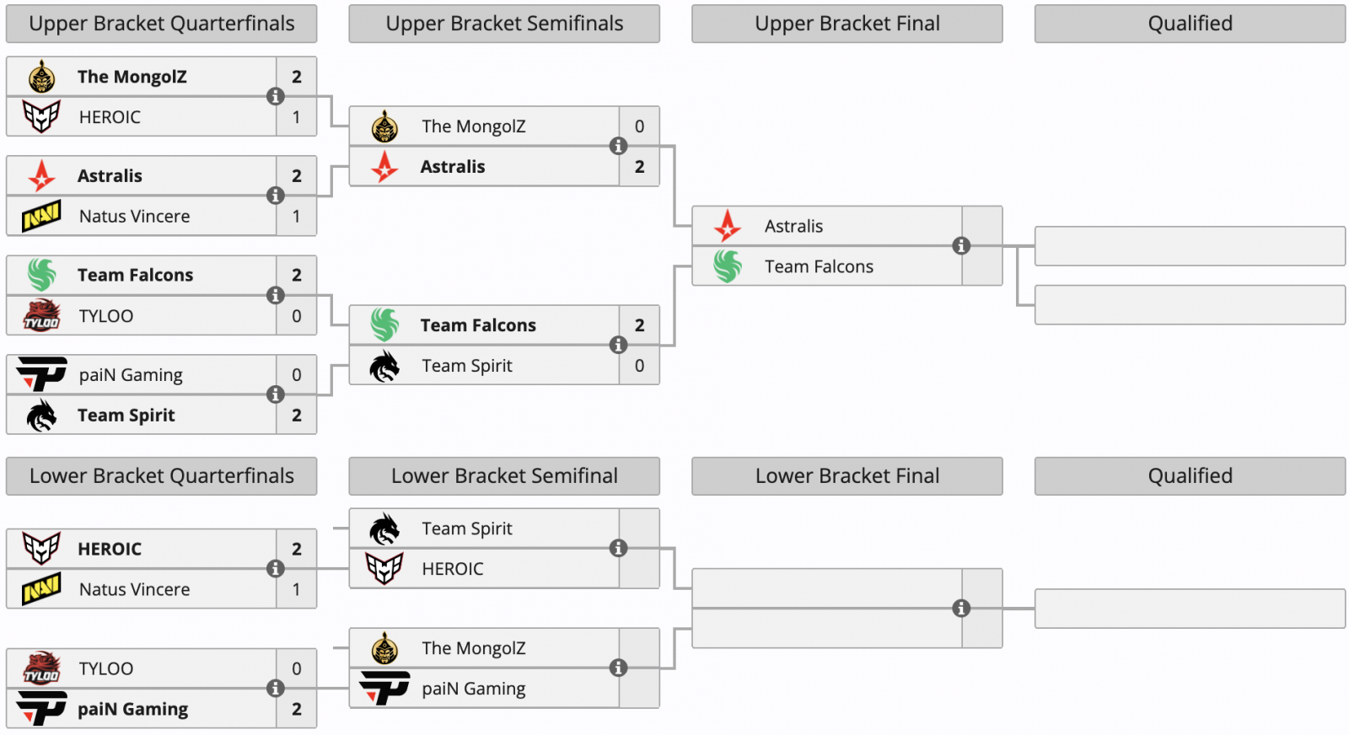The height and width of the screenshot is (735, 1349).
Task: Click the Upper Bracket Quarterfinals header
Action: [161, 24]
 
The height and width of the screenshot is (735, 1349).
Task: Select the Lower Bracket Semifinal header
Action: [504, 476]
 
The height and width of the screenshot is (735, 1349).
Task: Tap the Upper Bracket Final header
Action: [846, 24]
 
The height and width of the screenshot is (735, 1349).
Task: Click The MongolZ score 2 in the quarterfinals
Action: [297, 77]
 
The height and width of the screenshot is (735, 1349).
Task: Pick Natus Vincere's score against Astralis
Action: [297, 217]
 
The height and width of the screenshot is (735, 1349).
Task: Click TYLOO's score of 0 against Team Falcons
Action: [297, 316]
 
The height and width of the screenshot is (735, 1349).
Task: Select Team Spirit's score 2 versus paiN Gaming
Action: [297, 416]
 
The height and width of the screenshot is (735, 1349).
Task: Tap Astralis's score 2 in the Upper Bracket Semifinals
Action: [639, 167]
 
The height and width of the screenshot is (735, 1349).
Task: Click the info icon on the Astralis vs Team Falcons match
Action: [961, 246]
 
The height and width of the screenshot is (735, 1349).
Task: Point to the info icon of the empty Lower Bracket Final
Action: [961, 609]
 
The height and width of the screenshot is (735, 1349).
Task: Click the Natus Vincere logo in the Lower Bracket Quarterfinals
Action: [41, 589]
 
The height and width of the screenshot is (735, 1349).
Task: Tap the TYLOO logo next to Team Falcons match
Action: [41, 316]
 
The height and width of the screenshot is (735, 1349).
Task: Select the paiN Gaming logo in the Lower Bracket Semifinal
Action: [384, 689]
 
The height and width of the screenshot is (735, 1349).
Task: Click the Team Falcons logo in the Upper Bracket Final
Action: [728, 266]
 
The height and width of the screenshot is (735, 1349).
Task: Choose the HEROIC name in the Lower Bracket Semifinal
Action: [453, 569]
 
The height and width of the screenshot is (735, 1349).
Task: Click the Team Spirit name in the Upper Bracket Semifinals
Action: [467, 366]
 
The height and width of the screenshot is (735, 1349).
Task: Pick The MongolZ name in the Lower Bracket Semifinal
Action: [474, 648]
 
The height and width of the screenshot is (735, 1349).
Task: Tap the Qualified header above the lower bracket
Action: [1190, 476]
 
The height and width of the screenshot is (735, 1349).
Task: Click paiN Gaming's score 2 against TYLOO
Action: [297, 709]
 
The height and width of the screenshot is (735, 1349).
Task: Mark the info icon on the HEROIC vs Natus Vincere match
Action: [275, 569]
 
